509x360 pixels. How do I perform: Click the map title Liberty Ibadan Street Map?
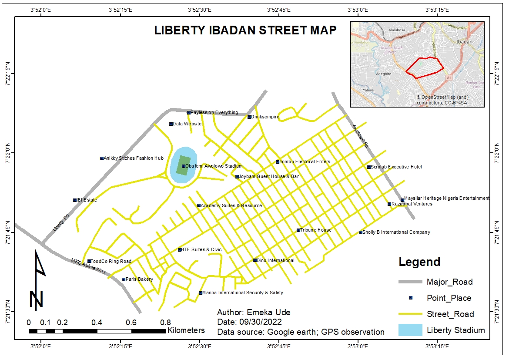click(245, 30)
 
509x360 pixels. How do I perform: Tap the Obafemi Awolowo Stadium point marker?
click(184, 166)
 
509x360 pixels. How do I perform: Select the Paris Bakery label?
click(139, 279)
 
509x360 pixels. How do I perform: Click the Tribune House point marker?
click(298, 230)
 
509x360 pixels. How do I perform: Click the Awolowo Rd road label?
click(361, 137)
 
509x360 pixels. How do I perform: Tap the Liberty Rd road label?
click(61, 222)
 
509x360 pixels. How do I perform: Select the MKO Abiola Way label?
click(89, 266)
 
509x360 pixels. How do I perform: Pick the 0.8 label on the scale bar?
click(165, 323)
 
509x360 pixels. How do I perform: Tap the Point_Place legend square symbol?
click(411, 298)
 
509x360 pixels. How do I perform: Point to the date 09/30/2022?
click(260, 322)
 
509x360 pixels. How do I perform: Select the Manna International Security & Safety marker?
click(201, 293)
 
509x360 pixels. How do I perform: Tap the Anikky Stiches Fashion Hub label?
click(134, 158)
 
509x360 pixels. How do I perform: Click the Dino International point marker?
click(255, 260)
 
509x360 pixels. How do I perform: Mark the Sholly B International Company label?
click(396, 232)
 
